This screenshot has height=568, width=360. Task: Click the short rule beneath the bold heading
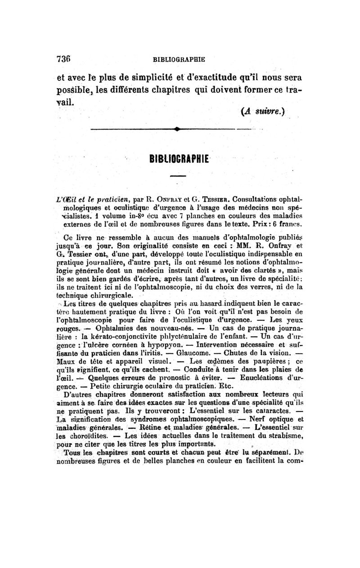pyautogui.click(x=179, y=175)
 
